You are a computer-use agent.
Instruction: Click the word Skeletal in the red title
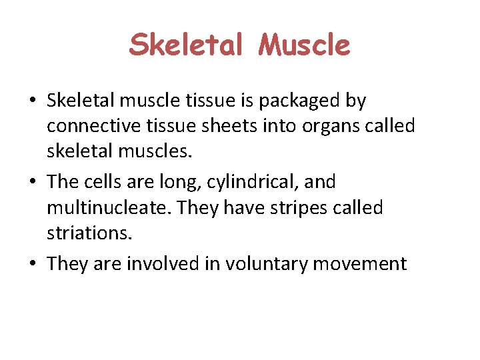(187, 45)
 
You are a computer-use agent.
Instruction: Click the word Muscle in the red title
(304, 45)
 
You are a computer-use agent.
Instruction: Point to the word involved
(171, 263)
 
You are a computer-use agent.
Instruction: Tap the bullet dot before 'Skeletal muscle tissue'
(32, 102)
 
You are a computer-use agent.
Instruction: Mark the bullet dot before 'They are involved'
(32, 264)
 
